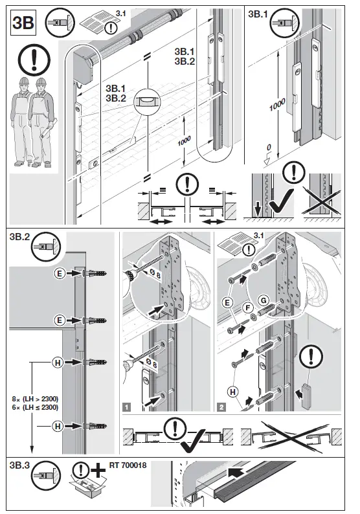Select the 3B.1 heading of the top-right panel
click(262, 14)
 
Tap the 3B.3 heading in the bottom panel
click(23, 465)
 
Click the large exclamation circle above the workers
click(34, 60)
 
